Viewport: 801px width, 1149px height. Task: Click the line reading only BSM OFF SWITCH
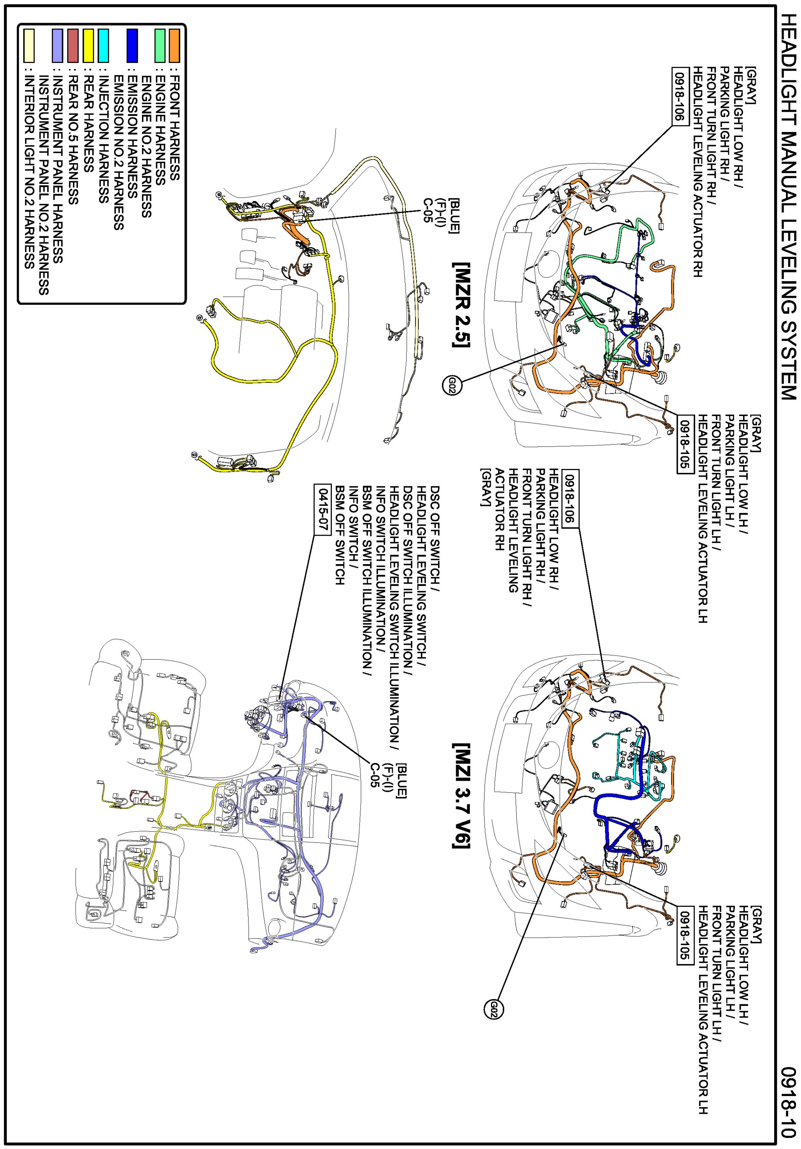[340, 535]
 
